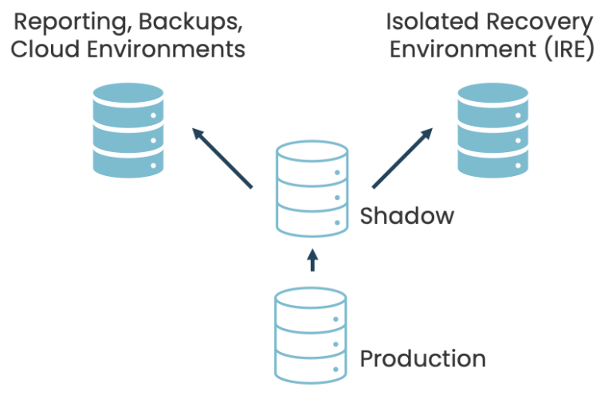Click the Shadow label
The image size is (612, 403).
406,216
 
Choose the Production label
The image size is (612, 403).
422,359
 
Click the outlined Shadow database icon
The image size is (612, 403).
312,190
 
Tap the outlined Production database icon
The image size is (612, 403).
312,335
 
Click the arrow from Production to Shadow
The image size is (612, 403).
312,260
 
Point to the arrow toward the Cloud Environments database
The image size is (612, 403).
222,158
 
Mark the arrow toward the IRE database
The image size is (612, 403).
402,158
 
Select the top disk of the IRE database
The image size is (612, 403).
493,100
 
